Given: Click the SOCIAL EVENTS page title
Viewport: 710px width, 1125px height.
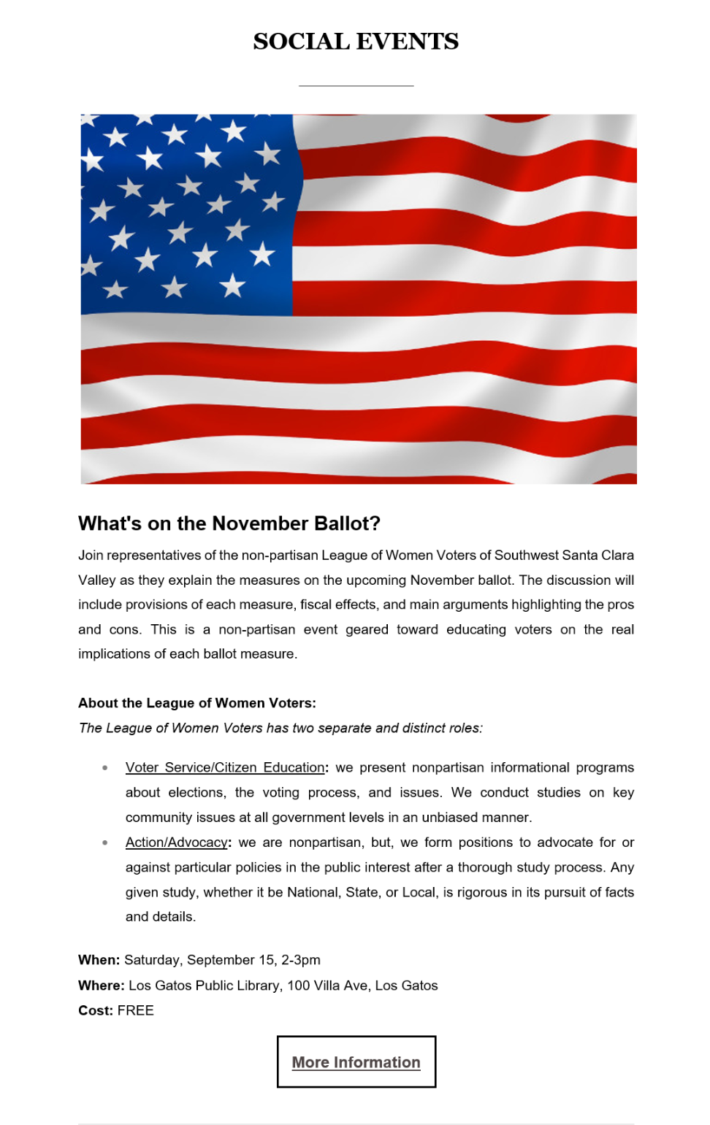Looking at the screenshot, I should click(x=356, y=42).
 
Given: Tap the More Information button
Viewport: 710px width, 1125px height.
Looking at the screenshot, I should click(x=356, y=1062).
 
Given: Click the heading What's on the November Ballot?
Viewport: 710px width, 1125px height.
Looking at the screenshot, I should click(x=229, y=523).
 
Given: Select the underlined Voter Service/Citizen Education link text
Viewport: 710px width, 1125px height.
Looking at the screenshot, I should click(x=225, y=767).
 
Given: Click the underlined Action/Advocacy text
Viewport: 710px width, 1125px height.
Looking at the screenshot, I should click(x=176, y=842).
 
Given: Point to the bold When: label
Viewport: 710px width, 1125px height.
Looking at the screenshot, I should click(x=99, y=960).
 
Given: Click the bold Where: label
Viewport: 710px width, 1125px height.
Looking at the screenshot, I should click(x=102, y=986).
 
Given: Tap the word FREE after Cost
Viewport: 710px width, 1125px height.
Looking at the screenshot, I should click(x=136, y=1010).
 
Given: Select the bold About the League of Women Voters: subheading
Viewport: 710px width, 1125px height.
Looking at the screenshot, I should click(x=197, y=703).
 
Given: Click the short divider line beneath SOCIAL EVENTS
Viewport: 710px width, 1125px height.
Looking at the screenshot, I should click(x=356, y=85).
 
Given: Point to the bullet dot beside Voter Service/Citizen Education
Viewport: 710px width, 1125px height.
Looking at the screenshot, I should click(x=105, y=768).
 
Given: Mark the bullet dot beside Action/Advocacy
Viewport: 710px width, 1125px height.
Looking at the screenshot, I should click(x=105, y=842).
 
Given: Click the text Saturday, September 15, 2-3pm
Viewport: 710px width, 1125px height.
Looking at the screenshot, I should click(x=222, y=960).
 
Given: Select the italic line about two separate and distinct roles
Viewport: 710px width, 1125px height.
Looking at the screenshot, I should click(x=280, y=728).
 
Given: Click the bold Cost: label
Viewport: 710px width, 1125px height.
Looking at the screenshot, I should click(x=96, y=1010).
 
